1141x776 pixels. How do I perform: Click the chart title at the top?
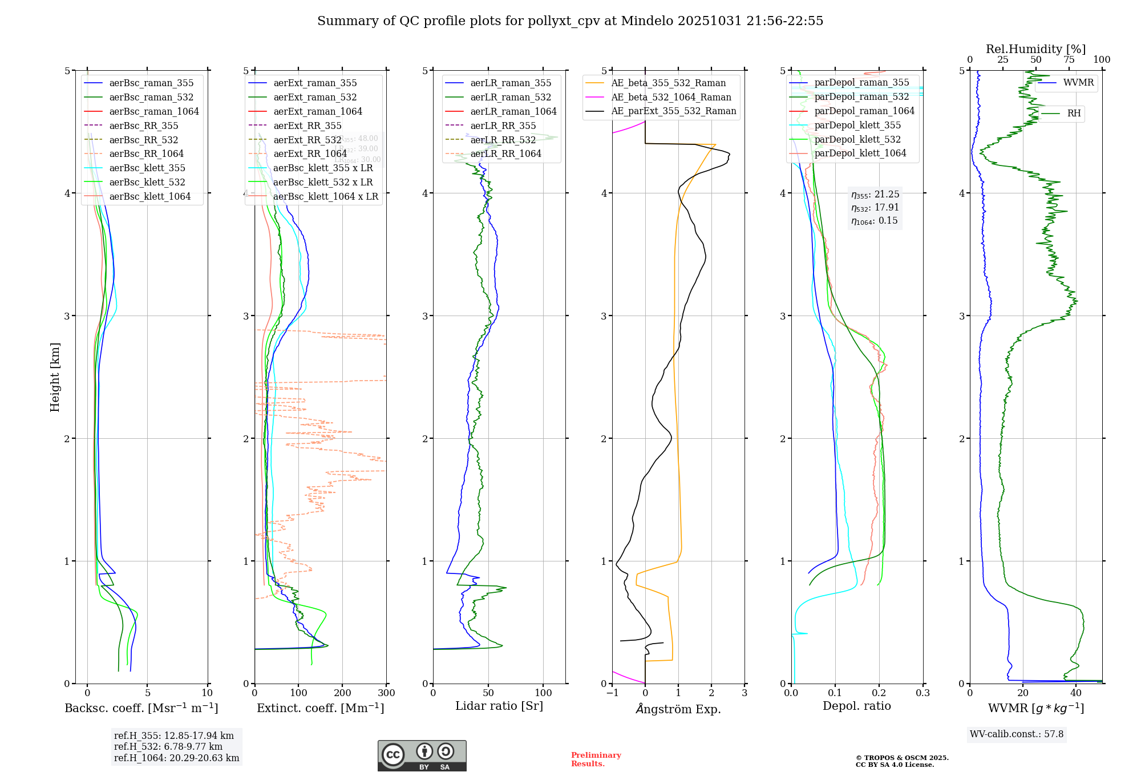570,21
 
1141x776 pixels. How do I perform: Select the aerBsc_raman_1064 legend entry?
154,111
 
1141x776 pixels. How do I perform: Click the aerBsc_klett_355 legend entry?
147,168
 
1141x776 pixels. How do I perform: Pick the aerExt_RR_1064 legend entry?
310,153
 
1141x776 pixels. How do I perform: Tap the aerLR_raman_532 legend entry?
511,97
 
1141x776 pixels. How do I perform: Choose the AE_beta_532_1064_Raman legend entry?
671,97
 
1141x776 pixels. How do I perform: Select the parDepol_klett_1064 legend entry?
860,153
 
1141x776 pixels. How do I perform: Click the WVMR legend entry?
1078,83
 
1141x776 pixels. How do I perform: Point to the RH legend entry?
1074,114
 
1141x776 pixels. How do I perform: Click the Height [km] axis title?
55,377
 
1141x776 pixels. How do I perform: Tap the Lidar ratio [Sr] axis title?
499,706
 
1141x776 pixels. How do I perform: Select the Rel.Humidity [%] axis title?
1035,49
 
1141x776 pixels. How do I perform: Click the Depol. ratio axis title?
856,706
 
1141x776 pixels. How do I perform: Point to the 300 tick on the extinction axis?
386,693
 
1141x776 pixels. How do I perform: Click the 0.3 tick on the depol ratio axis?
922,693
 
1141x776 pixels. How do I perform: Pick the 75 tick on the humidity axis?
1069,60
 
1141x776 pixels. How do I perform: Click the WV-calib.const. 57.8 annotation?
1017,734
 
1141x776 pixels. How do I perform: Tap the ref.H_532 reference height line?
168,746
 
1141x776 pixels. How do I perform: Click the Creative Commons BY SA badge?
422,755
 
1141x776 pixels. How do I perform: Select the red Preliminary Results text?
596,759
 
